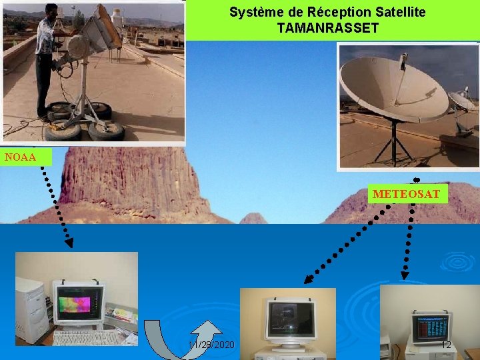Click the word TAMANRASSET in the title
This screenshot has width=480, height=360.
tap(327, 28)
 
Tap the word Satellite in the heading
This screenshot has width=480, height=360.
tap(393, 12)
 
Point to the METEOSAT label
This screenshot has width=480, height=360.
tap(406, 194)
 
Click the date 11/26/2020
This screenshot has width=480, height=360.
tap(211, 345)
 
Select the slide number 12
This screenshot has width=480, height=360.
tap(446, 345)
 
